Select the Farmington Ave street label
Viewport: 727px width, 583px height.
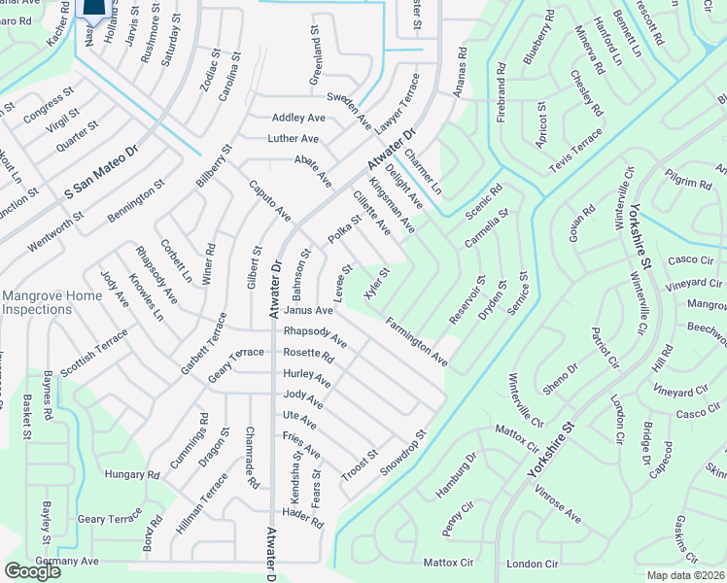[x=415, y=341]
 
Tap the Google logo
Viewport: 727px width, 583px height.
[x=32, y=571]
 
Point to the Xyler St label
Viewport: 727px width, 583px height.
[x=376, y=284]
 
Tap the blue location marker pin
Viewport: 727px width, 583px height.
[x=93, y=10]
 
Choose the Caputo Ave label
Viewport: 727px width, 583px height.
[x=269, y=199]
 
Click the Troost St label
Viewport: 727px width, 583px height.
[x=359, y=465]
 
